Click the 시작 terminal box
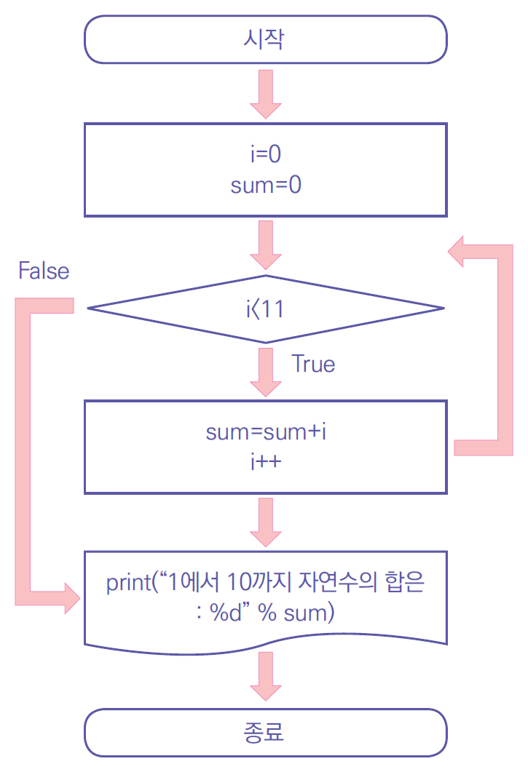point(265,39)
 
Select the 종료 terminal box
point(265,731)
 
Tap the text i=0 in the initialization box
point(265,155)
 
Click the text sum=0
point(265,185)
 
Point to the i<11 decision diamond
point(265,309)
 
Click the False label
point(44,271)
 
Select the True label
point(313,363)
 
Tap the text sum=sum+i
point(265,432)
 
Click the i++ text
point(265,461)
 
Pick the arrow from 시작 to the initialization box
point(265,94)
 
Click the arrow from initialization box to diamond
point(265,245)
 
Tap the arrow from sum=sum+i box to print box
point(265,521)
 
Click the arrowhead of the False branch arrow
point(72,597)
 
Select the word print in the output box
point(126,584)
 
